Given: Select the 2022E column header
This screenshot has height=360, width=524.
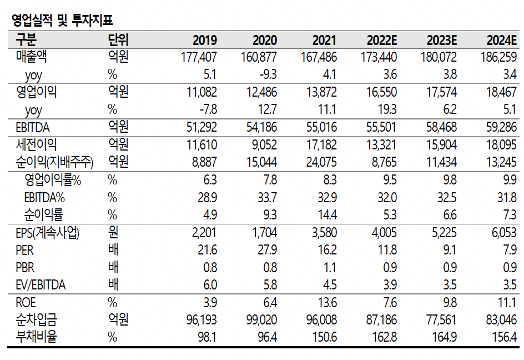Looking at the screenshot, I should click(x=381, y=41).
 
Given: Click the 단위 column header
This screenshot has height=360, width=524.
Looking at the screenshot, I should click(x=118, y=41).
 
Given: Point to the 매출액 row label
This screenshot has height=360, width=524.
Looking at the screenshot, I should click(x=36, y=57).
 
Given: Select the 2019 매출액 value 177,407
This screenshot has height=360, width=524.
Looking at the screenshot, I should click(x=199, y=57).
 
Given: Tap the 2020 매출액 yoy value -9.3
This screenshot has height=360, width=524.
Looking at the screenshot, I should click(x=267, y=74).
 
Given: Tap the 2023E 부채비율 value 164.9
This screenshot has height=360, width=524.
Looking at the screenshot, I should click(x=444, y=338).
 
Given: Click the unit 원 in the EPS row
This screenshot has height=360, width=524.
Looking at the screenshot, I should click(x=114, y=233).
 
